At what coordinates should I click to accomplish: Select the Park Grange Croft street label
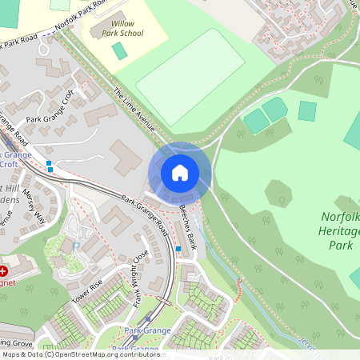53,112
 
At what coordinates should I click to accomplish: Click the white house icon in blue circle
179,173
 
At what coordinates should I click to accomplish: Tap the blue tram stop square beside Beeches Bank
178,249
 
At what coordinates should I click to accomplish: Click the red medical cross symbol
5,270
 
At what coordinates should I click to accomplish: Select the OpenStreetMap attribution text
80,354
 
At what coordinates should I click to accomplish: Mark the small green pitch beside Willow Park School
119,51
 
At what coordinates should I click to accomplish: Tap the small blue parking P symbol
75,246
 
